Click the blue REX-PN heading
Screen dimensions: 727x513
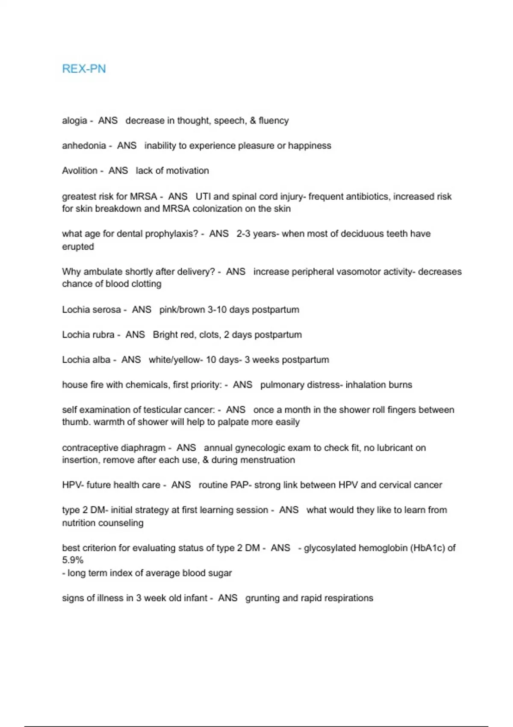point(84,69)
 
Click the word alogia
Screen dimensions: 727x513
point(74,121)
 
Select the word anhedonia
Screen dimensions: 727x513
point(84,146)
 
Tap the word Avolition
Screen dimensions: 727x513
point(80,171)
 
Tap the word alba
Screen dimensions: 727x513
point(100,360)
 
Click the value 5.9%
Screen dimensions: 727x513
point(73,560)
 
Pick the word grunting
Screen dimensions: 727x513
point(262,598)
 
